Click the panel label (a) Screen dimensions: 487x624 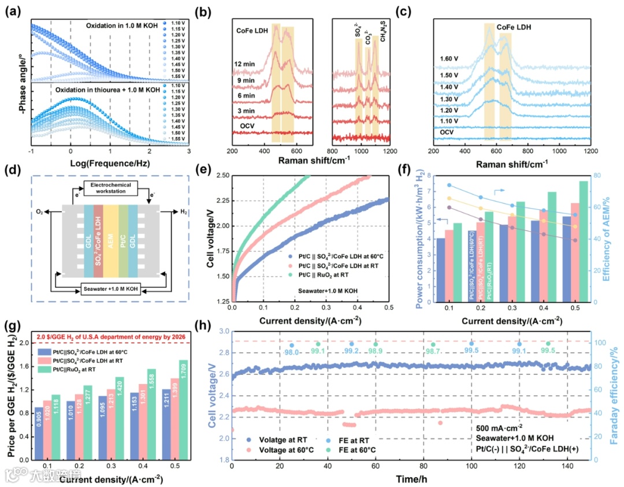tap(12, 10)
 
